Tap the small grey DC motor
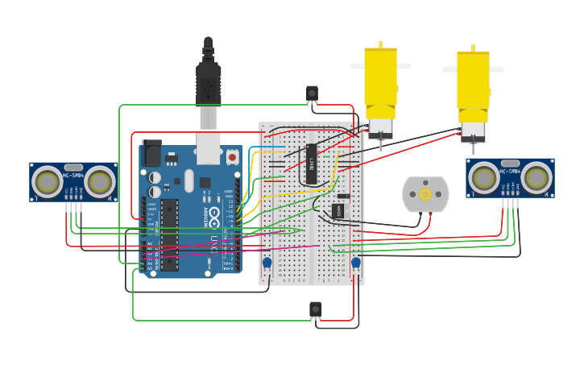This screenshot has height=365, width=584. pyautogui.click(x=425, y=195)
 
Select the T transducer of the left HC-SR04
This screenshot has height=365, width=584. pyautogui.click(x=48, y=183)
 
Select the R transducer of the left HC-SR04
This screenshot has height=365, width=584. pyautogui.click(x=99, y=183)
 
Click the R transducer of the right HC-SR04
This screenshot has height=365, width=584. pyautogui.click(x=536, y=178)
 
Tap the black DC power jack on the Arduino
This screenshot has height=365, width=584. pyautogui.click(x=151, y=153)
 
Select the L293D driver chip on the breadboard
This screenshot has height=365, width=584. pyautogui.click(x=311, y=164)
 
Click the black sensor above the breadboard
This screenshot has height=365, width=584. pyautogui.click(x=312, y=94)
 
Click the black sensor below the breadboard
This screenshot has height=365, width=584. pyautogui.click(x=316, y=309)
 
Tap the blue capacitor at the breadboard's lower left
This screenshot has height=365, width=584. pyautogui.click(x=267, y=263)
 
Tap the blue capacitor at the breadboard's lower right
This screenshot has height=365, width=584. pyautogui.click(x=355, y=263)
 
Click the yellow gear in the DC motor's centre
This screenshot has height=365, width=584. pyautogui.click(x=425, y=194)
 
